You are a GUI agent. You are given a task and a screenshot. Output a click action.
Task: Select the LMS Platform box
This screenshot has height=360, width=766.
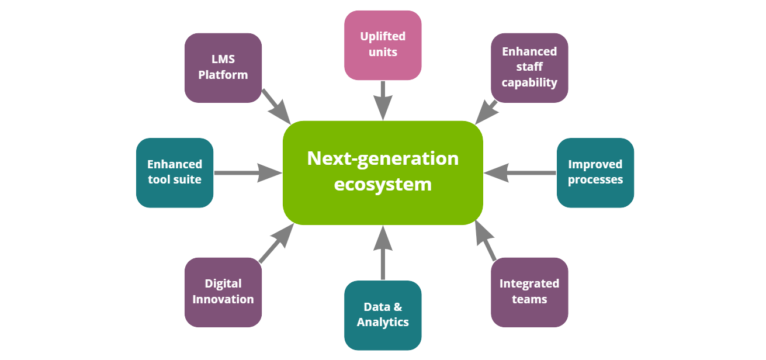coord(223,68)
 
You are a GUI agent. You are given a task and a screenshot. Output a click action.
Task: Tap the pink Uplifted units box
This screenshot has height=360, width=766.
coord(383,45)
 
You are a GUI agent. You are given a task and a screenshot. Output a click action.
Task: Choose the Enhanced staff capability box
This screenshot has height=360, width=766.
coord(529,67)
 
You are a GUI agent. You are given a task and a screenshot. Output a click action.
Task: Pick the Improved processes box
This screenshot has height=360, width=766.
coord(595,172)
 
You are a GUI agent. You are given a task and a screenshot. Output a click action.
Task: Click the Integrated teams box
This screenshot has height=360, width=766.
coord(529,292)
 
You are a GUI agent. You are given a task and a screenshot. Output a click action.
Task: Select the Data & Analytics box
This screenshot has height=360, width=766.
coord(383,315)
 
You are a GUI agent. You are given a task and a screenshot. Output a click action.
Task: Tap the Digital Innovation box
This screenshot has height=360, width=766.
coord(223,292)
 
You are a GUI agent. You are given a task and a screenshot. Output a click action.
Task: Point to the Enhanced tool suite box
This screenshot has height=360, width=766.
coord(174,172)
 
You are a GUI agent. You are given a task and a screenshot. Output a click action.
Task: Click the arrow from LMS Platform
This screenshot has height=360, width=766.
coord(276,106)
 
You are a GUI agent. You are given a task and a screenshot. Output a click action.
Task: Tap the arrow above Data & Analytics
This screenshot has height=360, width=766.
coord(383,251)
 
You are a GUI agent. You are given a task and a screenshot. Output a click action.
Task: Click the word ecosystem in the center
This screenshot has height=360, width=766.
coord(383,184)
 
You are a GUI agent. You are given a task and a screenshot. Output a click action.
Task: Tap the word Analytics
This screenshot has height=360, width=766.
coord(383,322)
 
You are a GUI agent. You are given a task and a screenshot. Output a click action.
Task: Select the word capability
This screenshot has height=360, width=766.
coord(529,82)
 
